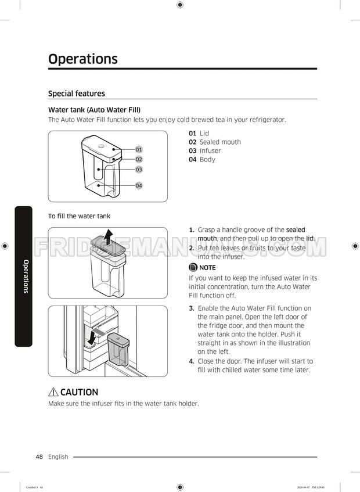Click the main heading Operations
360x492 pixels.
[82, 59]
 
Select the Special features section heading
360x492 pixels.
[77, 94]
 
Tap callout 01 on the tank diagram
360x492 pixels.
[139, 150]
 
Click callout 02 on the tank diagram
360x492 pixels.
[139, 159]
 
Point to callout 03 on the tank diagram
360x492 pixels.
[139, 170]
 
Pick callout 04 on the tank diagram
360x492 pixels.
[139, 185]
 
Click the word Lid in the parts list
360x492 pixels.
[204, 134]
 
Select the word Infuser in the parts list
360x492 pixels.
[210, 151]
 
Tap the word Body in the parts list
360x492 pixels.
[207, 160]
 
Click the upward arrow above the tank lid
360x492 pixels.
[107, 236]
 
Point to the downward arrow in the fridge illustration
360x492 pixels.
[91, 337]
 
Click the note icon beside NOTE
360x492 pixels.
[193, 268]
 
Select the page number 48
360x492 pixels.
[39, 457]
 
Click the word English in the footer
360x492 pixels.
[58, 457]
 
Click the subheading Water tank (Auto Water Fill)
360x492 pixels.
[94, 110]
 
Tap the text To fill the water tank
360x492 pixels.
[79, 217]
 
